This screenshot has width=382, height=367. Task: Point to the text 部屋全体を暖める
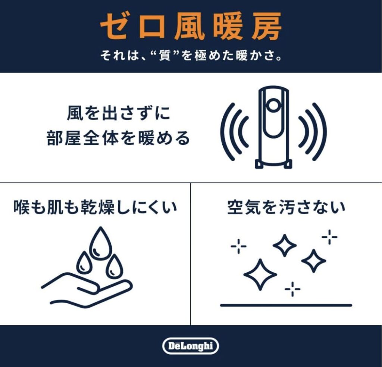tap(118, 139)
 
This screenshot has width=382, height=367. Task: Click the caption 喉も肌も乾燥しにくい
tap(95, 208)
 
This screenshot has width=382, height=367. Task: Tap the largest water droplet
tap(99, 243)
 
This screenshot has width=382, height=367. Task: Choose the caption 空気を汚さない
tap(286, 208)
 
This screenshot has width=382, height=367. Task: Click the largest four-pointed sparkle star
tap(260, 274)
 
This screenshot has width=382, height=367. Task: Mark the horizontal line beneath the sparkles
tap(286, 305)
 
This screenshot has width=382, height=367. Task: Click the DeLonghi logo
tap(191, 346)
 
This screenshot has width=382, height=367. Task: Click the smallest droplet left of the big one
tap(84, 262)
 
